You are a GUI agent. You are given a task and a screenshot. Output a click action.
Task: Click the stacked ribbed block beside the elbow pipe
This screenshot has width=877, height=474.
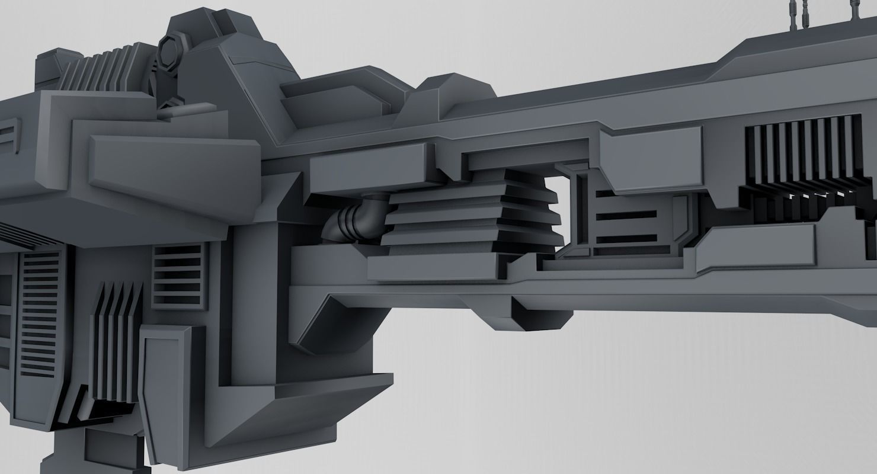point(471,216)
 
